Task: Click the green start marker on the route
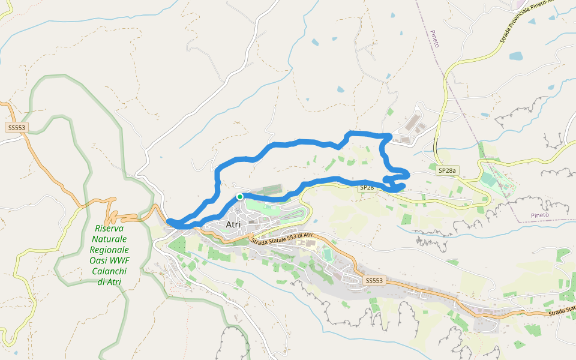239,196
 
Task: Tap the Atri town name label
233,225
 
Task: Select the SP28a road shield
447,171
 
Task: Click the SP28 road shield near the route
367,188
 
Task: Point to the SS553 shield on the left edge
16,128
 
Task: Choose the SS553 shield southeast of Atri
373,280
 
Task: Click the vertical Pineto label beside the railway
435,38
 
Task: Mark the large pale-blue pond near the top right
516,57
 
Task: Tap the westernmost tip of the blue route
169,222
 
